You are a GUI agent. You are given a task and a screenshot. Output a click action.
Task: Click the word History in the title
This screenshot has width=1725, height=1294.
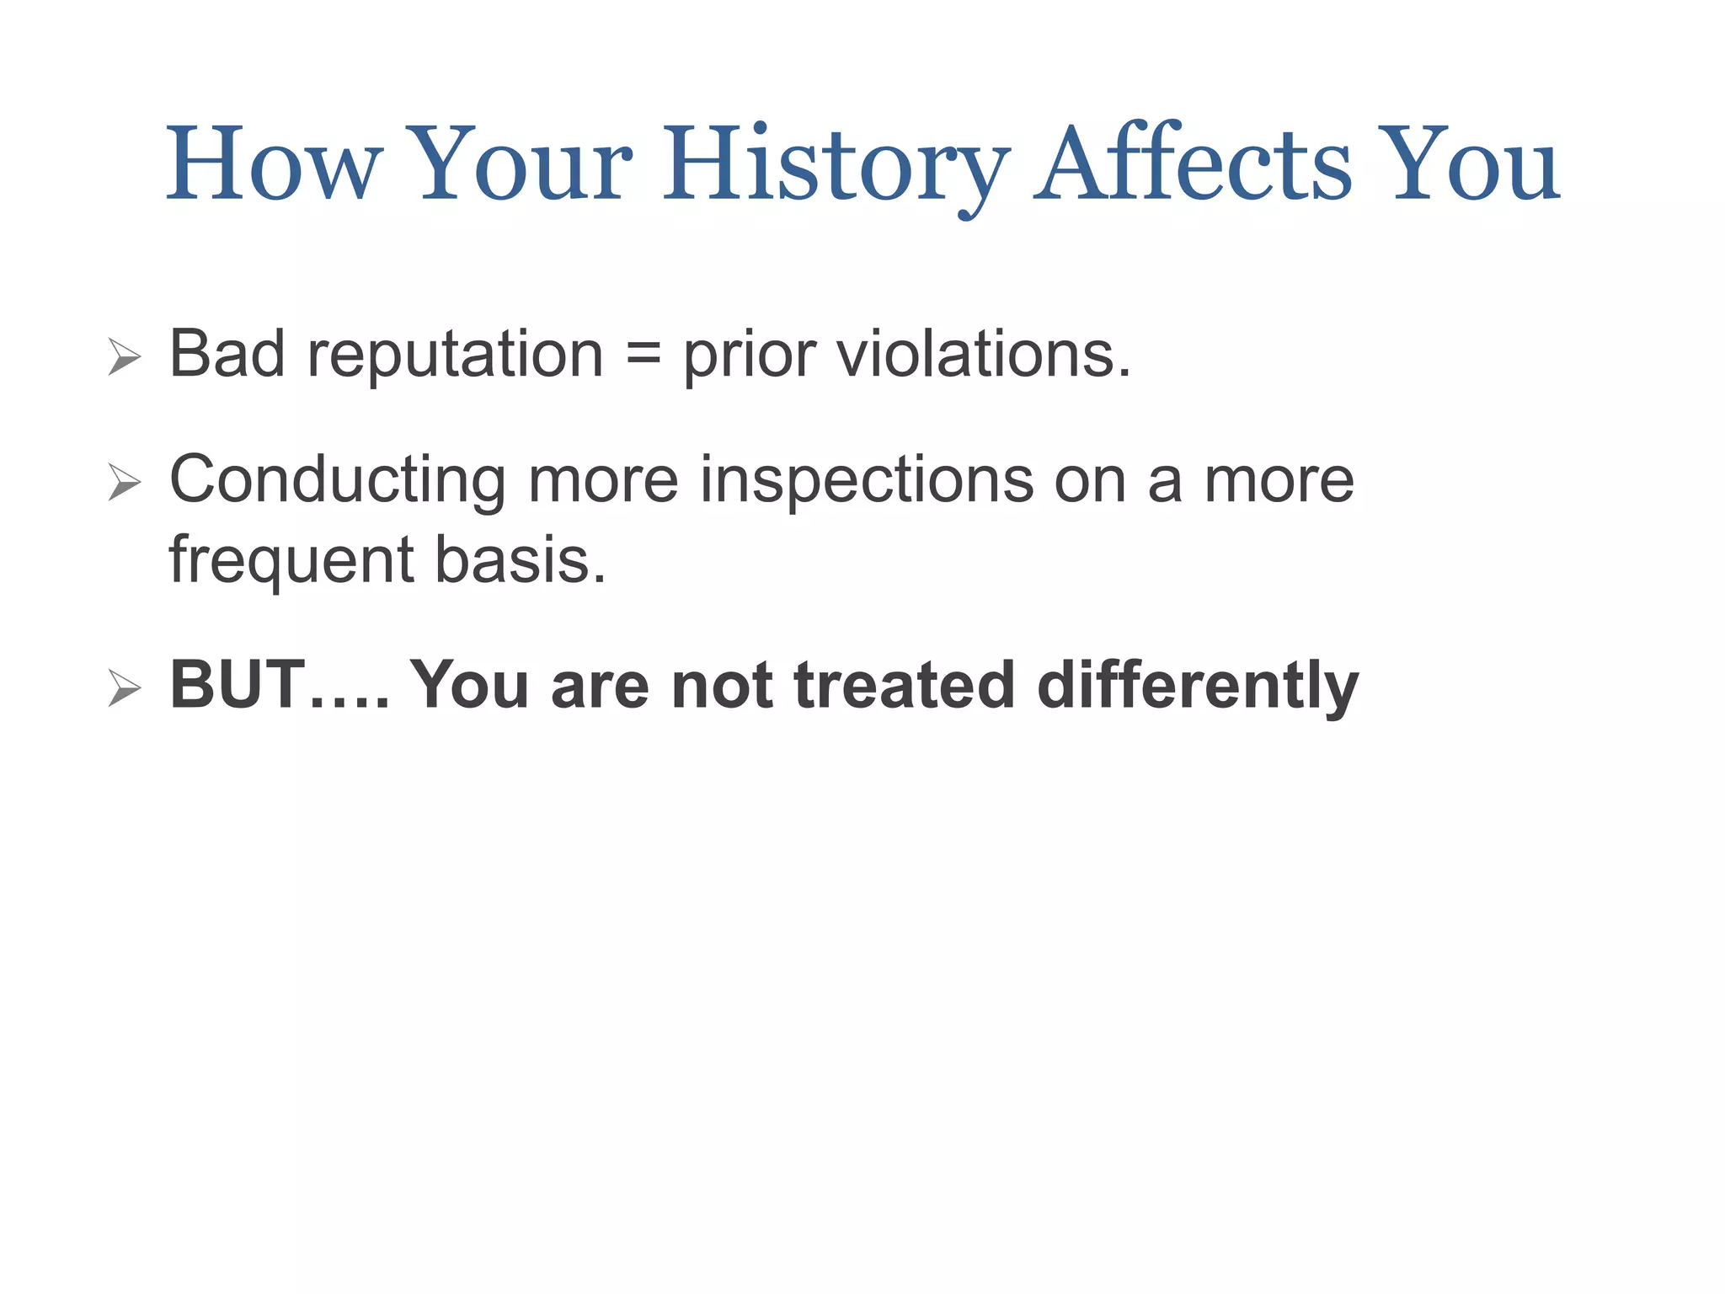coord(836,164)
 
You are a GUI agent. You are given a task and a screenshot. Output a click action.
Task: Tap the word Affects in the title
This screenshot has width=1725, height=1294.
coord(1193,164)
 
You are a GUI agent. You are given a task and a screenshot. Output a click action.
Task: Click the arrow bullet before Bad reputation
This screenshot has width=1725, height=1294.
coord(125,357)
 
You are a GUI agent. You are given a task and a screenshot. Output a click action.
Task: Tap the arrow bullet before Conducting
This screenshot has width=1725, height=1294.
coord(125,483)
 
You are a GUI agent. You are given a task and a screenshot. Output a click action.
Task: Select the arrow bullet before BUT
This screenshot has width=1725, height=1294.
coord(125,688)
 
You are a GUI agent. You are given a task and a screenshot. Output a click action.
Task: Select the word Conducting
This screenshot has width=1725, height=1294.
coord(338,480)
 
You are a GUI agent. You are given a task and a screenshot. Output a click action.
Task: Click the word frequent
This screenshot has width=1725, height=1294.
coord(291,561)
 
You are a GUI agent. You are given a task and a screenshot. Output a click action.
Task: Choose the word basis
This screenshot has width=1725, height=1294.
coord(520,559)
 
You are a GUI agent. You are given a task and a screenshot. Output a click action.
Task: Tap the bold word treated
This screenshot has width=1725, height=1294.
coord(904,685)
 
